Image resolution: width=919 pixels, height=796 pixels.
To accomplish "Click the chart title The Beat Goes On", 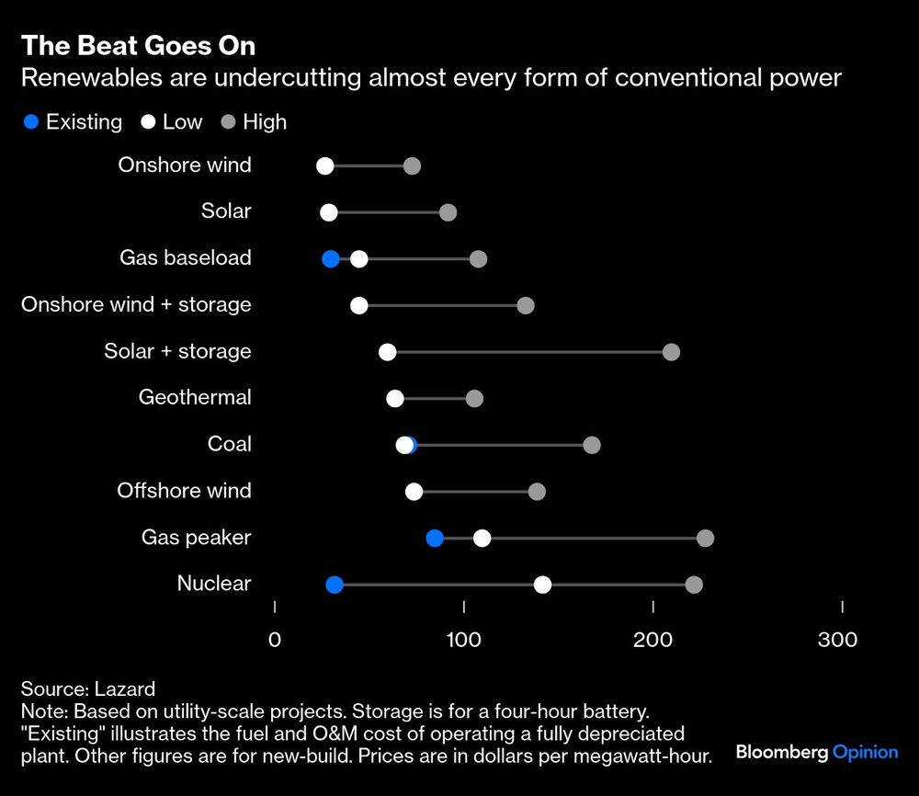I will tap(138, 46).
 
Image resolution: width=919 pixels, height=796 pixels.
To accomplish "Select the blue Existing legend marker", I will tap(31, 121).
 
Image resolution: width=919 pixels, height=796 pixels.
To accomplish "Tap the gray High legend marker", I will tap(228, 121).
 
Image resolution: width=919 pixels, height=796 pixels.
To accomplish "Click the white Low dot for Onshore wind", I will tap(324, 166).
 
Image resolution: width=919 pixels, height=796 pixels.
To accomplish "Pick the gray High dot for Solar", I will tap(448, 212).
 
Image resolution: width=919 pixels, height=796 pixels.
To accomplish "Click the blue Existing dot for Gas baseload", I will tap(331, 259).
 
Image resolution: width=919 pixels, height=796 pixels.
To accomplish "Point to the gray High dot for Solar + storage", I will tap(671, 352).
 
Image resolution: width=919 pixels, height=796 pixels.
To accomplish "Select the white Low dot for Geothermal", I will tap(395, 398).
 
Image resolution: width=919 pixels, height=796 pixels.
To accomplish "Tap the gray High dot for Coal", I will tap(592, 445).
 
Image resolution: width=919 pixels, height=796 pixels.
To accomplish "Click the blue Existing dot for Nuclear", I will tap(335, 585).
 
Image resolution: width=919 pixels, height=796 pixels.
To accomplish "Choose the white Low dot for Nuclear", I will tap(542, 585).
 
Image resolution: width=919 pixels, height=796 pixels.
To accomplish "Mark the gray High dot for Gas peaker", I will tap(705, 539).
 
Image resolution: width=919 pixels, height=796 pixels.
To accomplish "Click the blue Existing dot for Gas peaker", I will tap(435, 539).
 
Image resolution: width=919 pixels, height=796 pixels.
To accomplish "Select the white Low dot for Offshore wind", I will tap(414, 492).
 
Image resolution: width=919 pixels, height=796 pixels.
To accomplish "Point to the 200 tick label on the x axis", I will tap(653, 640).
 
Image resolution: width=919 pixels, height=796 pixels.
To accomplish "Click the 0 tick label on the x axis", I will tap(275, 640).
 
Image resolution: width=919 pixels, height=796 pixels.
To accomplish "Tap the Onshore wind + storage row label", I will tap(136, 305).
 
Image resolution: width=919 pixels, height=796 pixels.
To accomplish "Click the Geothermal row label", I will tap(195, 398).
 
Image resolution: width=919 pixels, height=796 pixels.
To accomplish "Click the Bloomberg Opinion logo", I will tap(816, 752).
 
